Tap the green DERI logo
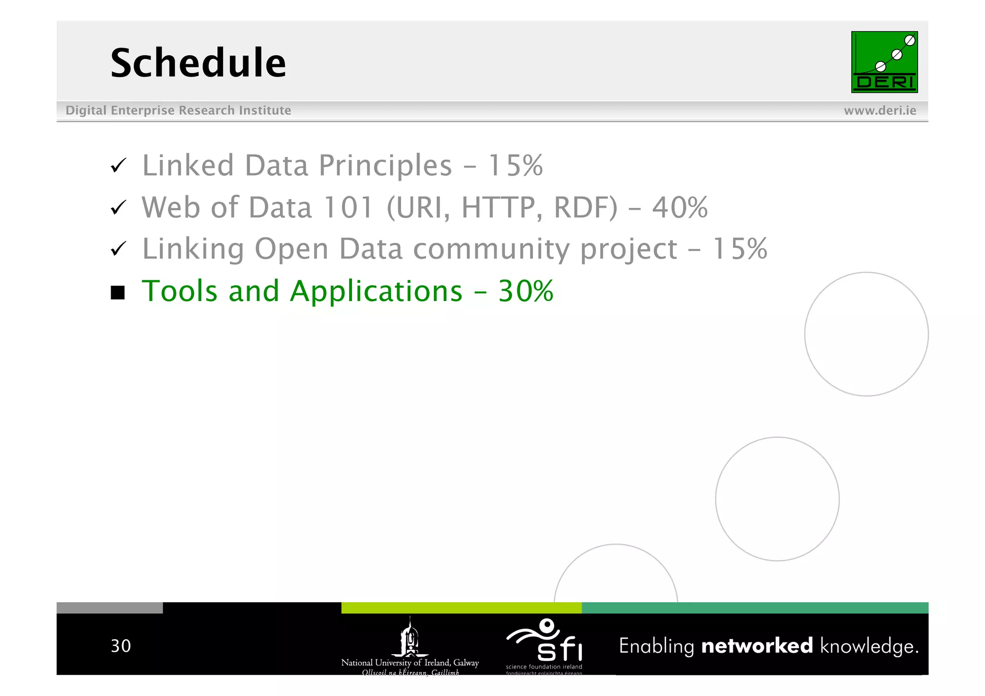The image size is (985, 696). pos(884,62)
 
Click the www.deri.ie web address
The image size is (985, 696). pos(880,111)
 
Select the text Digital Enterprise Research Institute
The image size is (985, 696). pos(178,111)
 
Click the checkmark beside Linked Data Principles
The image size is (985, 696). pos(118,166)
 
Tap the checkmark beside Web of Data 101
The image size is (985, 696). pos(118,208)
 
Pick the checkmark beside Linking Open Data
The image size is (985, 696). pos(118,249)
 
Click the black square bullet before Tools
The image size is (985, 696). pos(118,292)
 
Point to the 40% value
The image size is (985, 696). pos(680,208)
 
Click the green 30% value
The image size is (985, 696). pos(526,291)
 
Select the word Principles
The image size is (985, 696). pos(385,166)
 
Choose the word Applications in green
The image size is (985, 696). pos(376,292)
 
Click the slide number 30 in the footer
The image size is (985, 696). pos(121,646)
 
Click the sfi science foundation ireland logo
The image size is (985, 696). pos(544,645)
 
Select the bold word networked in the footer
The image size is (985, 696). pos(757,646)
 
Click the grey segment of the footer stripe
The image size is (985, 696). pos(110,608)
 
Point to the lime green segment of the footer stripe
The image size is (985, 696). pos(461,608)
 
